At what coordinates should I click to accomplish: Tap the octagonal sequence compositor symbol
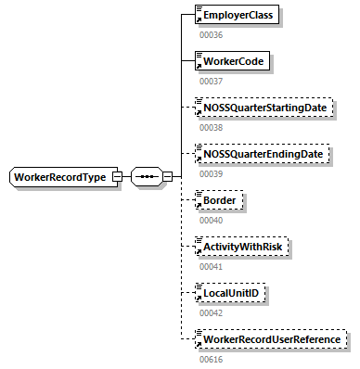pyautogui.click(x=146, y=176)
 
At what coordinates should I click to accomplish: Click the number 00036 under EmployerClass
pyautogui.click(x=212, y=35)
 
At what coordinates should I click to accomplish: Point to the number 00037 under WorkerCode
pyautogui.click(x=212, y=82)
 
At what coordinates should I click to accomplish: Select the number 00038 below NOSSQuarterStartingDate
pyautogui.click(x=212, y=127)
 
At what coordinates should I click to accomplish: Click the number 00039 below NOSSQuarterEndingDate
pyautogui.click(x=212, y=173)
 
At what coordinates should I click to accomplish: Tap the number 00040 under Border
pyautogui.click(x=212, y=220)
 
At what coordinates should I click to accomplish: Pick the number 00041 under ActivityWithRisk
pyautogui.click(x=212, y=265)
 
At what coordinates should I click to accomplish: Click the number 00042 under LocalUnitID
pyautogui.click(x=212, y=312)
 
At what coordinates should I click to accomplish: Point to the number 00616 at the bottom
pyautogui.click(x=212, y=358)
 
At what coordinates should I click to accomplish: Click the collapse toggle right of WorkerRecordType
pyautogui.click(x=117, y=176)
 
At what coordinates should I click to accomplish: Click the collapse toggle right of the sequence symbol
pyautogui.click(x=168, y=176)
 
